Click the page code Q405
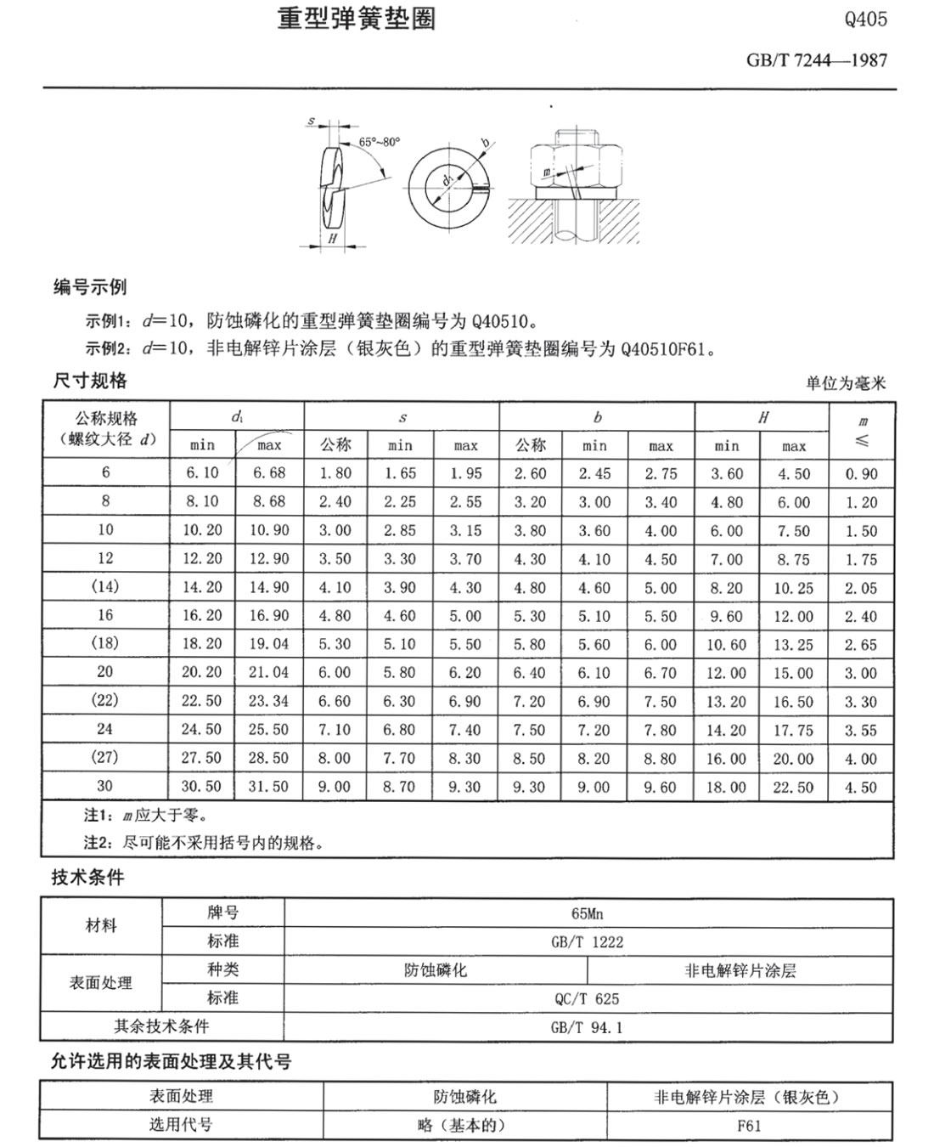[865, 20]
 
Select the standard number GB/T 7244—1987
[817, 60]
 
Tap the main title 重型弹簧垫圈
[357, 19]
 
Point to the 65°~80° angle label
[379, 142]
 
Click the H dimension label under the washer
[332, 240]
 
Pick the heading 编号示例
[89, 287]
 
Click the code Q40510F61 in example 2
[667, 348]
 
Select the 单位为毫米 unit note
[845, 383]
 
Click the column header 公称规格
[106, 418]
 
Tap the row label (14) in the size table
[105, 586]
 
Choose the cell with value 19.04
[268, 644]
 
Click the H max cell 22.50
[793, 788]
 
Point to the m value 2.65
[861, 645]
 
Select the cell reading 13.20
[727, 702]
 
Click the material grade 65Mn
[587, 913]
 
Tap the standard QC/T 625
[587, 998]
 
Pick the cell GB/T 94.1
[587, 1027]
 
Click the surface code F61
[749, 1125]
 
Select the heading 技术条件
[87, 878]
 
